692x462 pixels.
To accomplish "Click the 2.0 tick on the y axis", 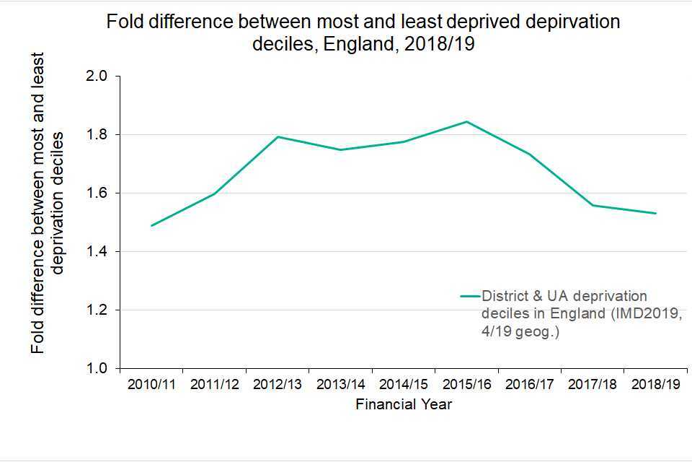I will pos(97,77).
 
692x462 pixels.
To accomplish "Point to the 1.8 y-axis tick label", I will pos(97,135).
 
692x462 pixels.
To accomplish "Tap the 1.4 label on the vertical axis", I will pos(97,252).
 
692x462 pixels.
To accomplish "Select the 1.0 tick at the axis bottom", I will pos(97,369).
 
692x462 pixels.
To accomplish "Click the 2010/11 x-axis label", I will pos(151,385).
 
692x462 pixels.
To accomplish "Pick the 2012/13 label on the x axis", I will pos(278,385).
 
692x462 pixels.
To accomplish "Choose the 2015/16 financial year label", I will pos(466,385).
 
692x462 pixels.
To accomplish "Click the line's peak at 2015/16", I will pos(466,121).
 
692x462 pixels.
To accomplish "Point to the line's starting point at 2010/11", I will pos(151,226).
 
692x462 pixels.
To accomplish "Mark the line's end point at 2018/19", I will pos(656,213).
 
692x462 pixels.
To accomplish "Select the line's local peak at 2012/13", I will pos(278,136).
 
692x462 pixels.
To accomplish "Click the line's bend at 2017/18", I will pos(593,205).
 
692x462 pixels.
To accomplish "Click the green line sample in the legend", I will pos(470,296).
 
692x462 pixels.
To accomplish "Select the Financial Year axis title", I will pos(404,404).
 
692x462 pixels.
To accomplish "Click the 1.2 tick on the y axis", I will pos(97,310).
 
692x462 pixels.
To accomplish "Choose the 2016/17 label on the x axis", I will pos(530,385).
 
